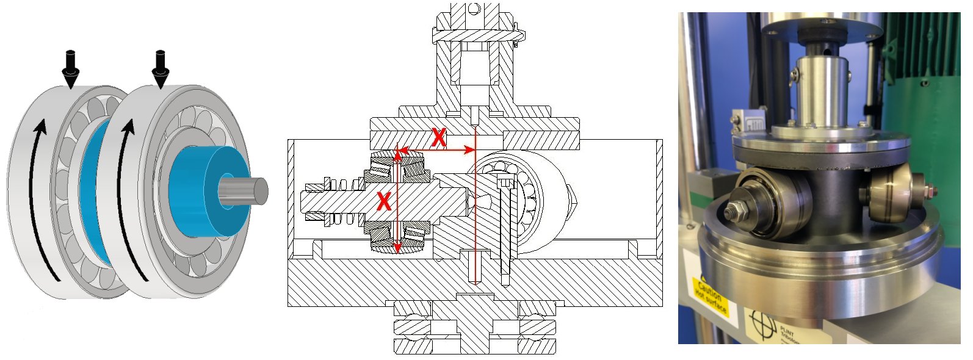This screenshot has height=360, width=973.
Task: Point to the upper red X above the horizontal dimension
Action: pos(438,138)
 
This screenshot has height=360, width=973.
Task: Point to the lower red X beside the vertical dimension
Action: pos(383,201)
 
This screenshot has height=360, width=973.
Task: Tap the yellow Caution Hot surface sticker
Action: pos(711,295)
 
